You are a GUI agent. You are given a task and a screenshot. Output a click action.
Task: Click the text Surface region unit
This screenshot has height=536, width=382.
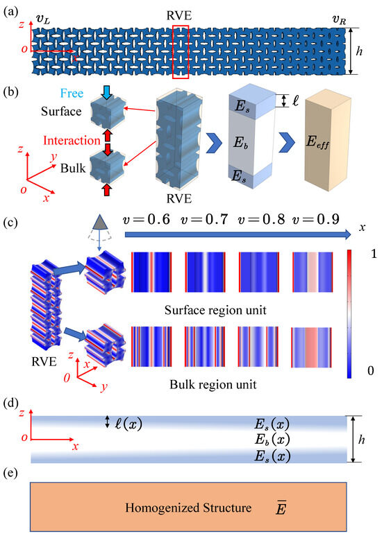[x=235, y=307]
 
